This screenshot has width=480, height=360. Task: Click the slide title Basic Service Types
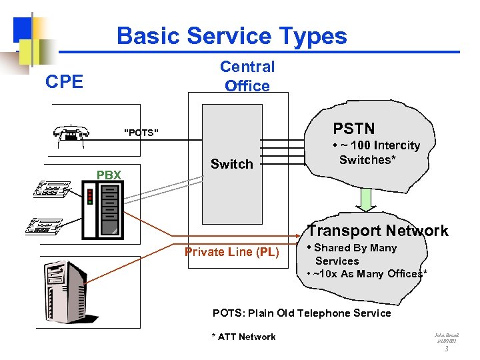[231, 36]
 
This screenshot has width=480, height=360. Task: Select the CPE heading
[64, 82]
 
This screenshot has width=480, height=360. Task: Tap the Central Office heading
[247, 76]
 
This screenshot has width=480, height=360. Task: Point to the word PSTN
[354, 129]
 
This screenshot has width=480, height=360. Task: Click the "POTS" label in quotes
[141, 132]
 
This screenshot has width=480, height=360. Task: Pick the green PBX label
[109, 175]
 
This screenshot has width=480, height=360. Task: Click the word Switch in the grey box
[231, 164]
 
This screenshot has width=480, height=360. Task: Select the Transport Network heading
[377, 231]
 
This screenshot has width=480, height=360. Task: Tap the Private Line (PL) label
[231, 252]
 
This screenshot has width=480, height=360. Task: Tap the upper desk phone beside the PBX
[52, 188]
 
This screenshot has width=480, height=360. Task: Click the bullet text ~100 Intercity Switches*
[378, 153]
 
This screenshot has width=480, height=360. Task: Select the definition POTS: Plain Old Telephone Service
[301, 313]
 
